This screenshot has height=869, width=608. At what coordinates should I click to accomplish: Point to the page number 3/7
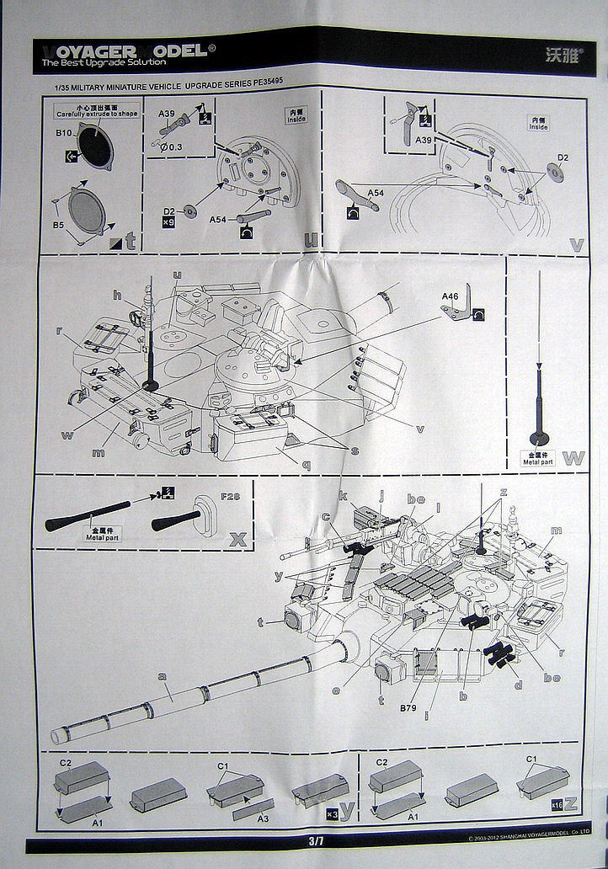[316, 840]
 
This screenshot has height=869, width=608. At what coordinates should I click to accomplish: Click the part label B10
[65, 133]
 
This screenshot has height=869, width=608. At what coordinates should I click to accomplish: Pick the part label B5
[59, 226]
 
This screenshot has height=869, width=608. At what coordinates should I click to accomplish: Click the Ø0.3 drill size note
[172, 147]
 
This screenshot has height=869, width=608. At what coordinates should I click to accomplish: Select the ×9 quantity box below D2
[168, 223]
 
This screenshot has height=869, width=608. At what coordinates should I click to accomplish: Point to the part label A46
[450, 296]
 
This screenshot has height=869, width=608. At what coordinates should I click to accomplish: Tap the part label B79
[410, 706]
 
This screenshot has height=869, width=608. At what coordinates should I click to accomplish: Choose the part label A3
[263, 818]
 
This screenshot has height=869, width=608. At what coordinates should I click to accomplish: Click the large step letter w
[573, 458]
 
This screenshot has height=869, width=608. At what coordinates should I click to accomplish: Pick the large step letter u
[311, 240]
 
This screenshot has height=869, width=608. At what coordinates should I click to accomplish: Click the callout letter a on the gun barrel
[162, 676]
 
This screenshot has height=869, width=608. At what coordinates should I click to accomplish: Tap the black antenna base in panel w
[538, 439]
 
